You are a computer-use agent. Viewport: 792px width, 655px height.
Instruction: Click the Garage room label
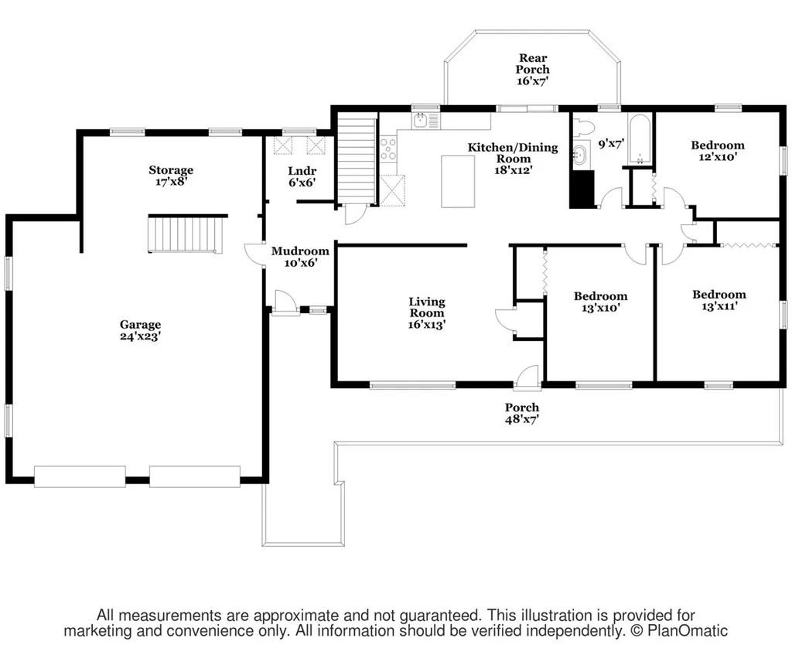click(141, 330)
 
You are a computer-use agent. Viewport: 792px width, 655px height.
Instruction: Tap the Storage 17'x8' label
click(171, 176)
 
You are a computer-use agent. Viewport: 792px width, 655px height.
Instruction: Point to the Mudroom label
click(300, 251)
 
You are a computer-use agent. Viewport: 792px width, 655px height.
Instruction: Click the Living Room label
click(427, 307)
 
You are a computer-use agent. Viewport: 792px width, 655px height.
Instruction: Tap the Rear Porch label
click(533, 63)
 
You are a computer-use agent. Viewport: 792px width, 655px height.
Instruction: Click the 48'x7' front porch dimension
click(522, 419)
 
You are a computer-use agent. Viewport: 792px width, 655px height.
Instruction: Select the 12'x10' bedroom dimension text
click(718, 156)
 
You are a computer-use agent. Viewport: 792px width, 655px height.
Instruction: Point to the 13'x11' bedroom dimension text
click(719, 306)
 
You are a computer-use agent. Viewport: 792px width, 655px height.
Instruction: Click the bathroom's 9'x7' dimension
click(611, 144)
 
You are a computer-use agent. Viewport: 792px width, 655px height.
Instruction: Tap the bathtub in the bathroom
click(640, 139)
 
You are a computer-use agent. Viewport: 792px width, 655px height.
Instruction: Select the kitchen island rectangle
click(458, 181)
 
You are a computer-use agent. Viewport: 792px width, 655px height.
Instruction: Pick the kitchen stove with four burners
click(388, 149)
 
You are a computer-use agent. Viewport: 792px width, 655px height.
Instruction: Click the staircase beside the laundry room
click(357, 159)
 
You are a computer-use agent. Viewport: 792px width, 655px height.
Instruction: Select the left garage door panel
click(80, 476)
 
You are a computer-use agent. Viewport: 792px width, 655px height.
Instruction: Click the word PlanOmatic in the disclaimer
click(688, 631)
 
